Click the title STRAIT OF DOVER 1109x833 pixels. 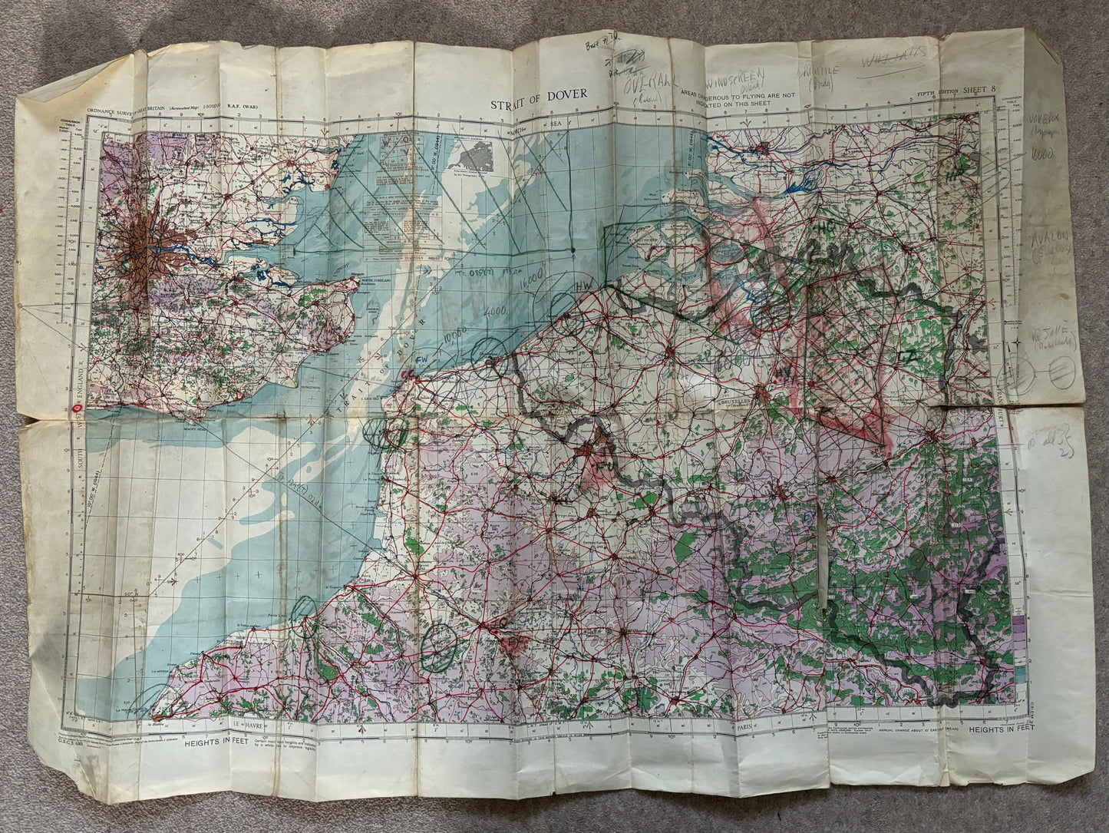539,94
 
